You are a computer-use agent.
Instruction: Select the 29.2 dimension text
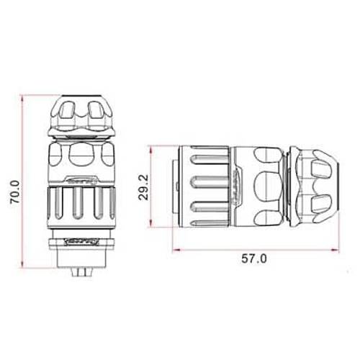point(145,186)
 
